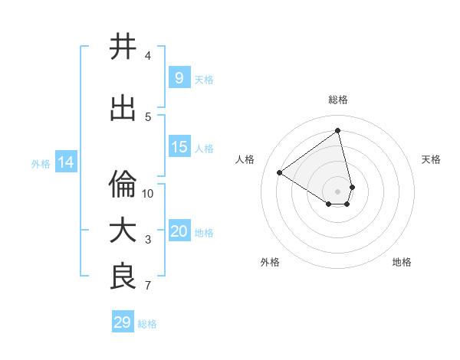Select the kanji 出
coord(123,109)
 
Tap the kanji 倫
coord(123,185)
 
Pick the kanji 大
coord(123,231)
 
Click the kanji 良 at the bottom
coord(123,277)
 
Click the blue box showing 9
coord(179,78)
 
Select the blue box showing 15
coord(179,147)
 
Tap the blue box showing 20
coord(179,231)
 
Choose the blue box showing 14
coord(66,162)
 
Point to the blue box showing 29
coord(123,322)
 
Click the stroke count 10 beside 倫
coord(148,193)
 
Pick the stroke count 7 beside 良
coord(148,286)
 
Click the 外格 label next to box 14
coord(41,163)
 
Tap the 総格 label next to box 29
coord(147,324)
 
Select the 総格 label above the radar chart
coord(338,100)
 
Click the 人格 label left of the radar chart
coord(245,159)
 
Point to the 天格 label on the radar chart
coord(432,159)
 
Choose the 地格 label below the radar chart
coord(402,262)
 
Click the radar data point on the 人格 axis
coord(280,172)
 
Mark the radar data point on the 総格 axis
coord(338,130)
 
